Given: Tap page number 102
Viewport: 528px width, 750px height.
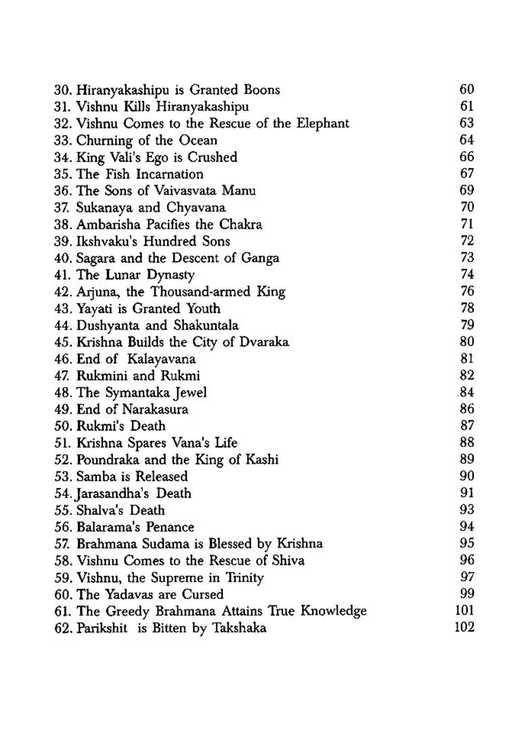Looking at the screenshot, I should (464, 627).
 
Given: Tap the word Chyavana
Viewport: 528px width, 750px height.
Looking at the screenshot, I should (196, 208).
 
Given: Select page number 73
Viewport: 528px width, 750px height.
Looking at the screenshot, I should (466, 258).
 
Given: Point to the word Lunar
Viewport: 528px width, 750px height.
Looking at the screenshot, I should (121, 275).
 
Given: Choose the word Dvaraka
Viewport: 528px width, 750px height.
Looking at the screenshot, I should (265, 343).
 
